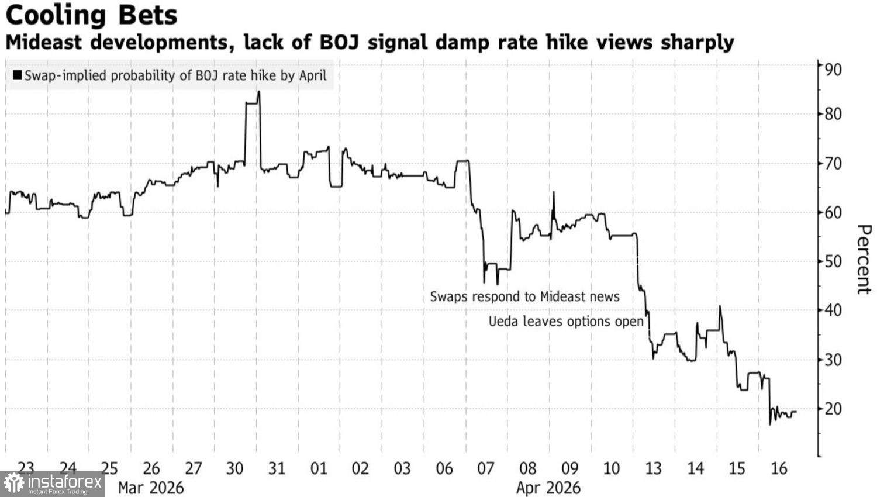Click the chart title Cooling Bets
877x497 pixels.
[x=91, y=15]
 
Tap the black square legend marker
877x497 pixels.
[x=17, y=75]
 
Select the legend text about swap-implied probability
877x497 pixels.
[x=175, y=75]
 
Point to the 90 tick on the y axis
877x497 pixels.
[x=833, y=70]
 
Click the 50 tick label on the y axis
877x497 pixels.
[x=833, y=261]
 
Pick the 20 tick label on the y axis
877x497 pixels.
[x=833, y=409]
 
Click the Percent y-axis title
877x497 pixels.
[x=863, y=259]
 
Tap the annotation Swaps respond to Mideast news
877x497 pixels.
[x=524, y=296]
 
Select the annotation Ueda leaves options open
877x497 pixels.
[x=565, y=321]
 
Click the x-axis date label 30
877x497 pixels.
[x=234, y=468]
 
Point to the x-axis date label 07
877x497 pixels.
[x=486, y=468]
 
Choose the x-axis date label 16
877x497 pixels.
[x=779, y=468]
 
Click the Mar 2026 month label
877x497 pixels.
[x=151, y=488]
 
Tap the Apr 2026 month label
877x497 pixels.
[x=548, y=488]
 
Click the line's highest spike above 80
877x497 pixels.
[x=258, y=92]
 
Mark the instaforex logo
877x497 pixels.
[x=53, y=484]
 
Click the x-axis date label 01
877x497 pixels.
[x=319, y=468]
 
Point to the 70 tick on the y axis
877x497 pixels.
[x=833, y=163]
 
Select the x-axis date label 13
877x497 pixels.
[x=653, y=468]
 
